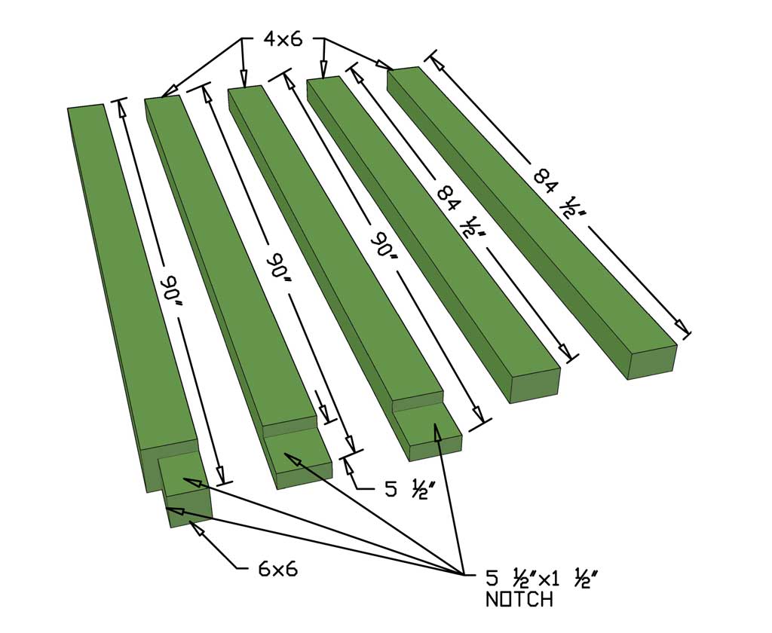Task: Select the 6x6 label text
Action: [x=277, y=569]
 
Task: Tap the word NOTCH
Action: [x=519, y=600]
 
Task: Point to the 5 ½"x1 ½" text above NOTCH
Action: [x=541, y=579]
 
